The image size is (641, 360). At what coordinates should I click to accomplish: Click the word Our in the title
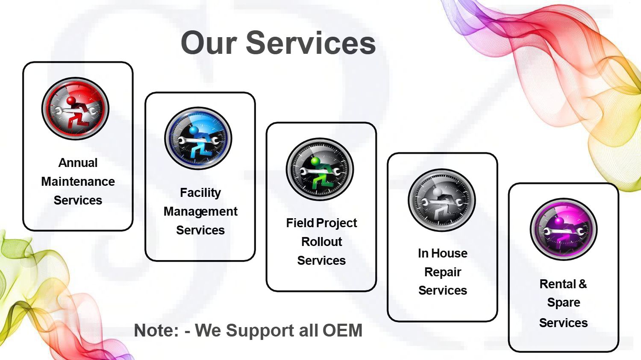(x=209, y=43)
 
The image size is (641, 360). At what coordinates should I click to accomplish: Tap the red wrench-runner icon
(x=75, y=108)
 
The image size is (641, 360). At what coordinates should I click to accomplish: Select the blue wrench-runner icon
(x=198, y=138)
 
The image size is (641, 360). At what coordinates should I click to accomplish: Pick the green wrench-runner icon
(x=320, y=169)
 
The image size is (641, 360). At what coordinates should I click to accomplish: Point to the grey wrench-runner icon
(x=441, y=200)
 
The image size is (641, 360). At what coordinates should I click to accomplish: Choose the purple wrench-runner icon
(x=564, y=229)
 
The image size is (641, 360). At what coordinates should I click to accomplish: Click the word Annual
(x=78, y=163)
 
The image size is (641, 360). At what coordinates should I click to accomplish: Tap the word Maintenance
(x=78, y=181)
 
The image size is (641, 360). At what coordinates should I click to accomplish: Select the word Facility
(x=200, y=193)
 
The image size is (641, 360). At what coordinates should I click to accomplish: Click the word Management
(x=200, y=212)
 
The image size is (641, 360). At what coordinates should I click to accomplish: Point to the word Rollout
(x=321, y=242)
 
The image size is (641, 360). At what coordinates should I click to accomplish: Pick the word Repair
(x=443, y=272)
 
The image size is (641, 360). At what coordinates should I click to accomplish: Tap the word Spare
(x=564, y=303)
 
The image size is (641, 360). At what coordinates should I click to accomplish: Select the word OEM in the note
(x=343, y=330)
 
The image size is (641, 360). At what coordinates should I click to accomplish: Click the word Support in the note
(x=261, y=331)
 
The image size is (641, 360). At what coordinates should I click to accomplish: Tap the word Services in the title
(x=311, y=43)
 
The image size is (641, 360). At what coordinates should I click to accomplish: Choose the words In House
(x=443, y=253)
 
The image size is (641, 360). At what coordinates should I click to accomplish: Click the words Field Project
(x=321, y=223)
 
